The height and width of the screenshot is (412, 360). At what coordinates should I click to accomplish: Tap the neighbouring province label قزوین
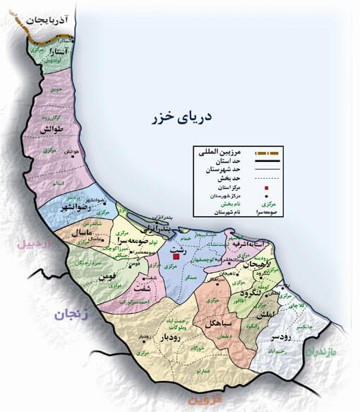(x=209, y=400)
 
